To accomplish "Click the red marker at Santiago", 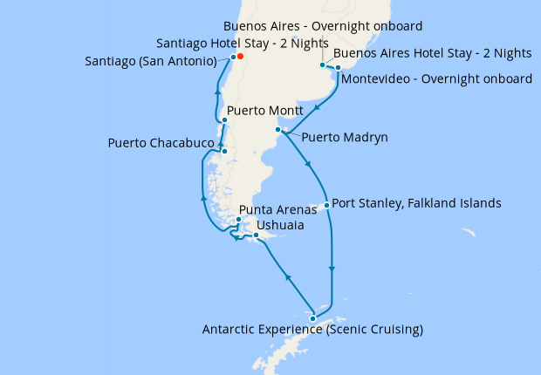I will click(x=240, y=58).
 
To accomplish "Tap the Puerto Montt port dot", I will click(x=224, y=120).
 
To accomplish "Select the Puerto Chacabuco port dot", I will click(x=224, y=152).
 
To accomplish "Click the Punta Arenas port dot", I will click(x=238, y=219).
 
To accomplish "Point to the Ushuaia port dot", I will click(x=256, y=235).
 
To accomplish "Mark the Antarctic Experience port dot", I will click(x=312, y=318).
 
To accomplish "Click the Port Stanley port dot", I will click(x=326, y=206).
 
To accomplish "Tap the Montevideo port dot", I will click(x=338, y=67).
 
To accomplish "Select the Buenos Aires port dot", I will click(x=322, y=65).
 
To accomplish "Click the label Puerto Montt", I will click(x=264, y=112).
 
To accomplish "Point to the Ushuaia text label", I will click(x=280, y=225).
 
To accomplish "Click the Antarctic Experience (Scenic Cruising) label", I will click(x=312, y=330).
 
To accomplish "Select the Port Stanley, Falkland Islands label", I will click(x=416, y=203).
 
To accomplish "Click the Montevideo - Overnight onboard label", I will click(x=437, y=79).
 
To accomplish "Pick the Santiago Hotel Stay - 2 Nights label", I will click(x=243, y=43).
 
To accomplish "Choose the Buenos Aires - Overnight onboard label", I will click(x=323, y=26).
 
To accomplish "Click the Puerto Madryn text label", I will click(x=345, y=137).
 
